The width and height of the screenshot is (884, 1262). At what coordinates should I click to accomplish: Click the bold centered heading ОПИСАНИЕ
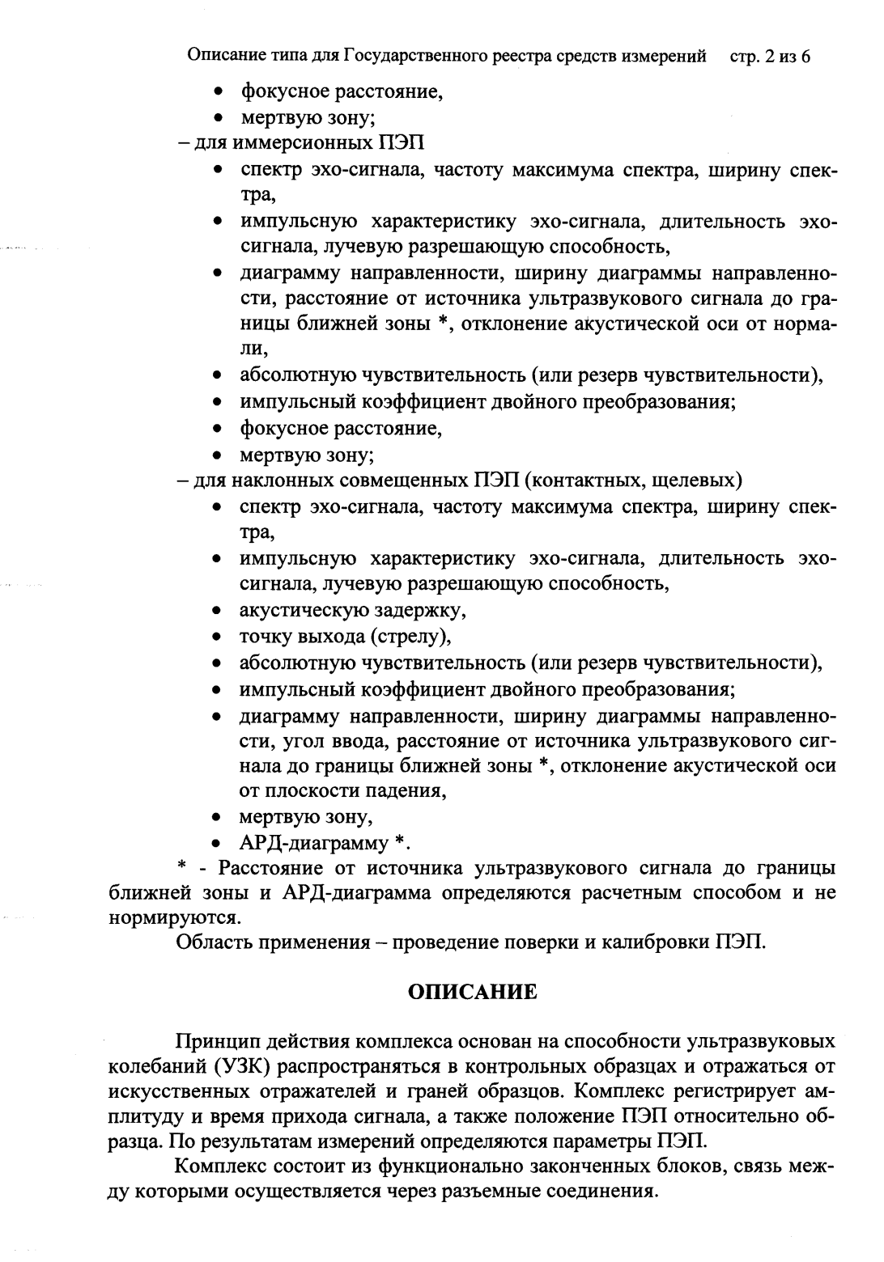(472, 992)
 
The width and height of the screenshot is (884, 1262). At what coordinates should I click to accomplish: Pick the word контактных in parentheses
(594, 481)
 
